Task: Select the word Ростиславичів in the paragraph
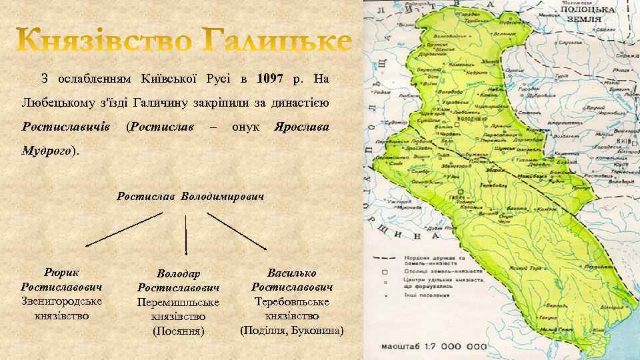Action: (66, 126)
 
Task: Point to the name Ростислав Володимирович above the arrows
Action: (191, 197)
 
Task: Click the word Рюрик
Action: (61, 273)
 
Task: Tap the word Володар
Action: (179, 274)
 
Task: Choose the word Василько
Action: (291, 273)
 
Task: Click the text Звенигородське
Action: (62, 301)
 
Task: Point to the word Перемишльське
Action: (178, 302)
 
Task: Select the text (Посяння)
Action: (178, 331)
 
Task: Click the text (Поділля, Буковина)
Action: (292, 330)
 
